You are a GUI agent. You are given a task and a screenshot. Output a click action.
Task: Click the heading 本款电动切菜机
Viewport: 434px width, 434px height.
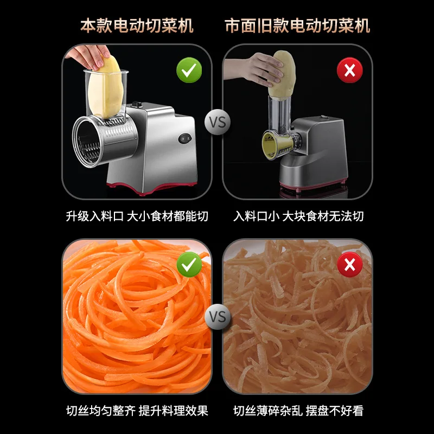[137, 25]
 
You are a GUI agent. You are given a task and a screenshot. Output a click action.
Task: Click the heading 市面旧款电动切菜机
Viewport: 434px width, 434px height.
[297, 25]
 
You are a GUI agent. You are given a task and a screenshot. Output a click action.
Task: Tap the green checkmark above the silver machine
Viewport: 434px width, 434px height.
[189, 70]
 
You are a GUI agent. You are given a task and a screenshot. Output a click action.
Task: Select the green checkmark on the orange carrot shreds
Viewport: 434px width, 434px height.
[189, 264]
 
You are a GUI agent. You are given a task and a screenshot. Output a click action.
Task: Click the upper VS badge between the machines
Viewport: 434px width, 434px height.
[217, 122]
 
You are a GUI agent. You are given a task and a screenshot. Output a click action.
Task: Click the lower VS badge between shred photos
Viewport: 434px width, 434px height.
[217, 316]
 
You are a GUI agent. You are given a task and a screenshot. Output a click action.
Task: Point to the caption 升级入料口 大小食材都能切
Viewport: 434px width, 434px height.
[137, 216]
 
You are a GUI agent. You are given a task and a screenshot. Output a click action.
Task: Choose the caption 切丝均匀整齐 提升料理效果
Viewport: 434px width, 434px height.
[137, 411]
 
